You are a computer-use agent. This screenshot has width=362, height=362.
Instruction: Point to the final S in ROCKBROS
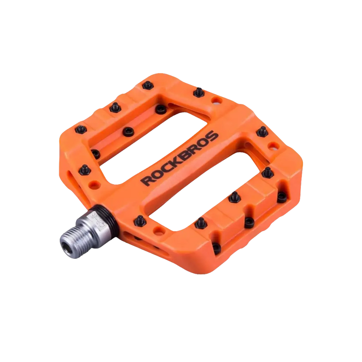click(x=213, y=136)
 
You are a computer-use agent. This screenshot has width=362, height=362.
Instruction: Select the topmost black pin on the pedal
click(x=148, y=85)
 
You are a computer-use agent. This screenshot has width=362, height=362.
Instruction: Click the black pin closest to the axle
click(x=140, y=221)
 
